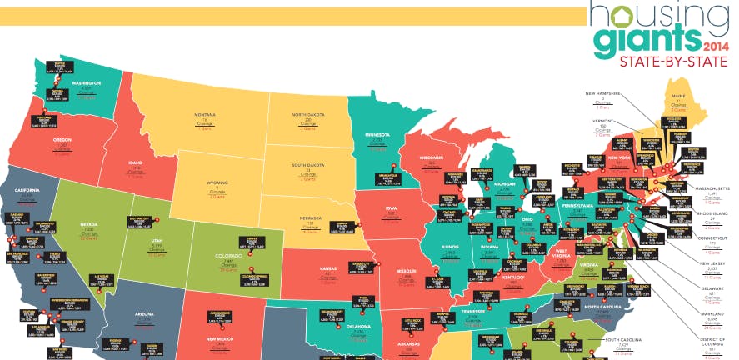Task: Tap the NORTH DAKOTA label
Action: [x=308, y=115]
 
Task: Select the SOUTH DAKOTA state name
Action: [x=308, y=165]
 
